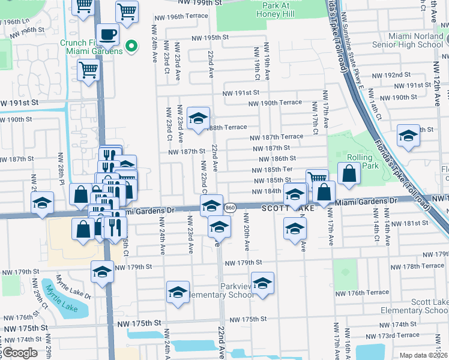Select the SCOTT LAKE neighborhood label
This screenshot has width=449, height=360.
(x=288, y=207)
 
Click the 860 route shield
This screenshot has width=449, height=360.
(x=230, y=208)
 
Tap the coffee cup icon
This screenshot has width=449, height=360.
(x=107, y=35)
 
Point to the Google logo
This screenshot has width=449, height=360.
(x=20, y=353)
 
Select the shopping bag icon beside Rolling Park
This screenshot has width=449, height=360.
(x=349, y=173)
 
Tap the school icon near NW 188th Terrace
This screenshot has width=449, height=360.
(x=198, y=118)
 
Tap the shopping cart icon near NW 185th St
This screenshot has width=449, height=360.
(x=316, y=178)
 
